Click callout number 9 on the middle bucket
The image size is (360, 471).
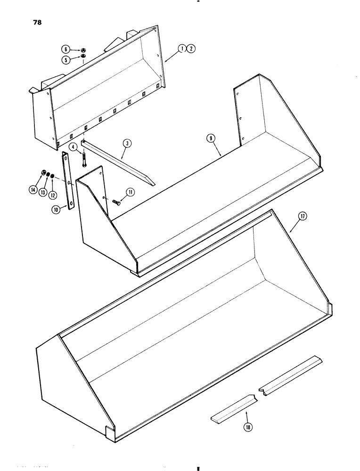pyautogui.click(x=212, y=138)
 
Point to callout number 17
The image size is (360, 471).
pyautogui.click(x=302, y=217)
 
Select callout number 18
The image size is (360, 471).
pyautogui.click(x=246, y=427)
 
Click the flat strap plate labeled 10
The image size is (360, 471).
pyautogui.click(x=69, y=182)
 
